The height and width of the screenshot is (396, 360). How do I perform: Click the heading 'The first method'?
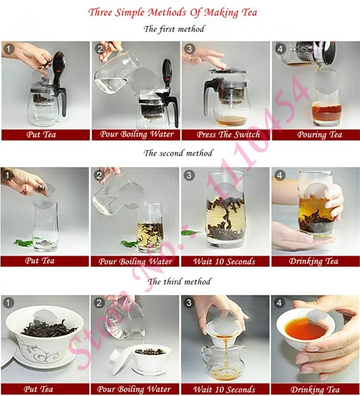tap(174, 29)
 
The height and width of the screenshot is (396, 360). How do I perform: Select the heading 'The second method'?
tap(178, 153)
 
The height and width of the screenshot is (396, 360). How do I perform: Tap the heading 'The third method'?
tap(179, 281)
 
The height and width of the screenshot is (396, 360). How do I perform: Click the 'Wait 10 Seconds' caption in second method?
tap(224, 261)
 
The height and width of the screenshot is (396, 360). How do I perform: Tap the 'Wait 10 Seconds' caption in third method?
tap(224, 389)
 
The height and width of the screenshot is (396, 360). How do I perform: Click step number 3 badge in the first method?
tap(189, 49)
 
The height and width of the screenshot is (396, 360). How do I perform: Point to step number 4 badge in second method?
tap(279, 175)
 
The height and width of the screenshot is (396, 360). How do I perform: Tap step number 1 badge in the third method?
tap(8, 303)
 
